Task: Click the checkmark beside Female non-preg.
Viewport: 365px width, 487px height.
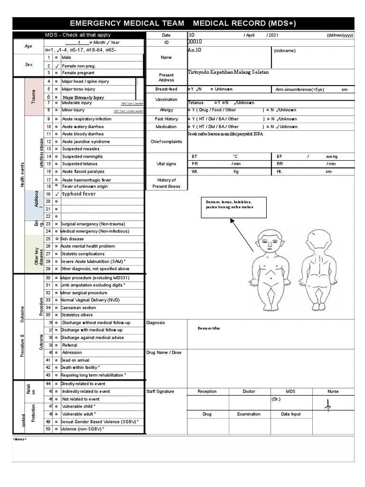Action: point(57,66)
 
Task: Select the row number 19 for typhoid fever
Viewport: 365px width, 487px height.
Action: point(48,194)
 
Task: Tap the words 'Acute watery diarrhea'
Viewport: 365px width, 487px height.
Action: point(83,127)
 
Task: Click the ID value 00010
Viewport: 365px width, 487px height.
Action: point(195,42)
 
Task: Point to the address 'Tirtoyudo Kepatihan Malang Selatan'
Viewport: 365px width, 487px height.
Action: point(228,72)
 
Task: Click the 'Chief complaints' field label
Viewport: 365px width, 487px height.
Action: point(166,141)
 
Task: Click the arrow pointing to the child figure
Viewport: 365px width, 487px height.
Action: point(241,234)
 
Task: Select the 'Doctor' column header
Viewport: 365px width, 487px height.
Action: point(249,391)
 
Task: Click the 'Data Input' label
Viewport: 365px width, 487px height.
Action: point(291,414)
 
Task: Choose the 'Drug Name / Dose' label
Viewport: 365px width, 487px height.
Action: point(164,352)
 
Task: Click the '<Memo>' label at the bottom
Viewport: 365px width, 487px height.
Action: point(20,439)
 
